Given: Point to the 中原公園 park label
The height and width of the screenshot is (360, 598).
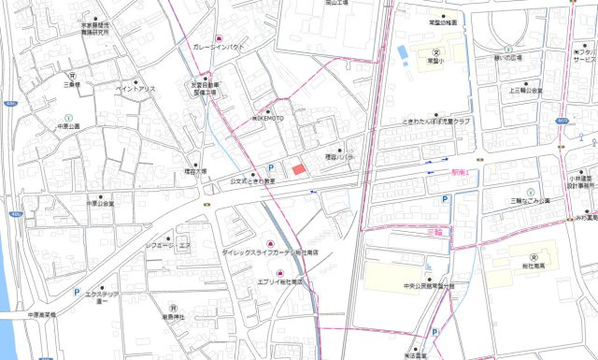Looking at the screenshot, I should coord(68,125).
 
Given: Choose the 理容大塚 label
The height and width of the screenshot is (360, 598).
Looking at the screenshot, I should coord(194,172).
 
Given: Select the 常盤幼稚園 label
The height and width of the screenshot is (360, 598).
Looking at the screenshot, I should coord(444,21).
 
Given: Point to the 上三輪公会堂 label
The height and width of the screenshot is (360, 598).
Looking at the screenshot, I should coord(526,91).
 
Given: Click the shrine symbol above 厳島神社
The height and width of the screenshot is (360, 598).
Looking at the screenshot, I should coord(173,307).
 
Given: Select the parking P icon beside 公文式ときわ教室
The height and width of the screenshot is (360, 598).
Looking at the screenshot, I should coord(272,167).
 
